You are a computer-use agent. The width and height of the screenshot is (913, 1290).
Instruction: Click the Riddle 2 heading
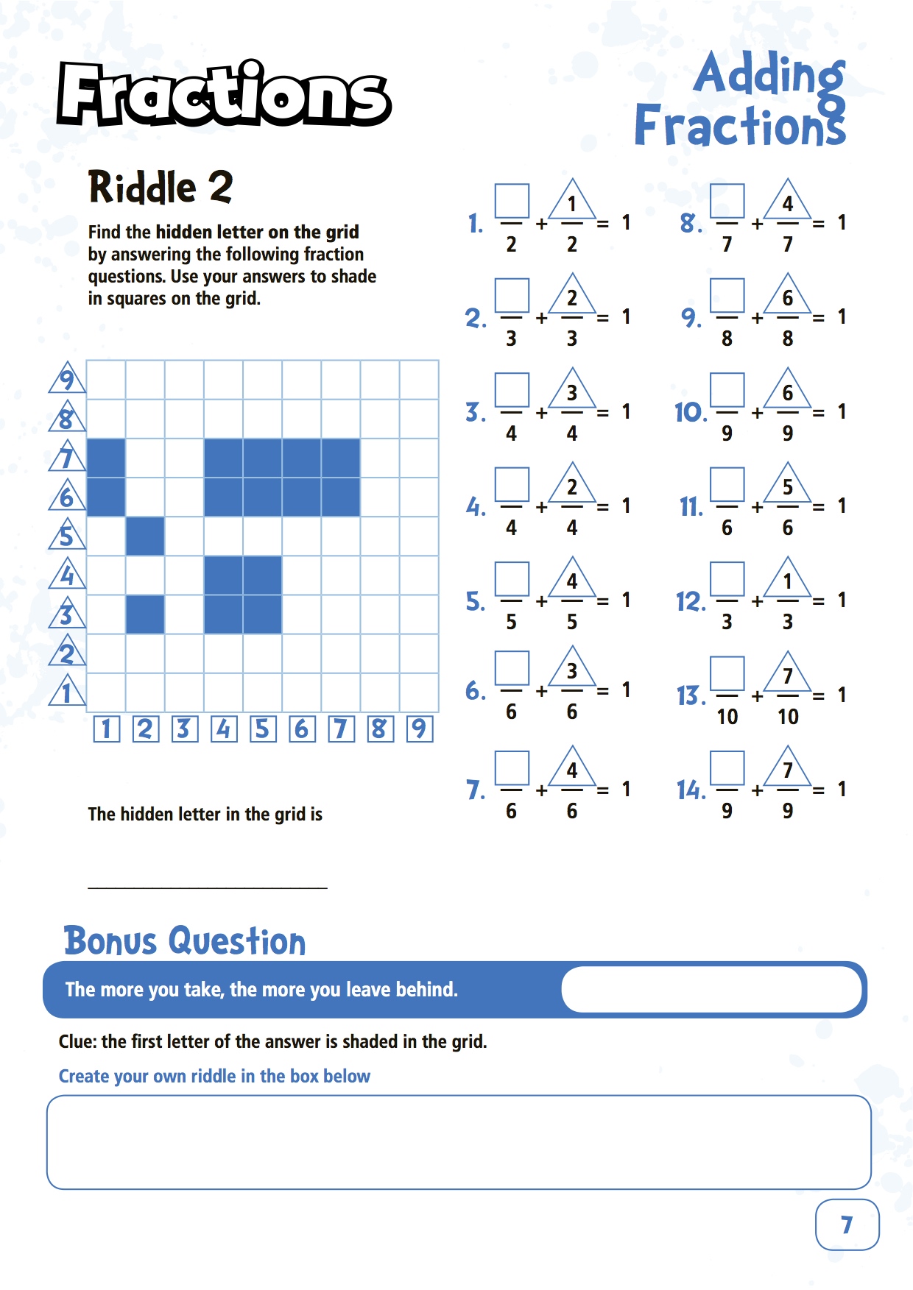161,187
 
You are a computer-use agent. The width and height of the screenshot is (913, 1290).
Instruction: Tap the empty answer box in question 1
512,202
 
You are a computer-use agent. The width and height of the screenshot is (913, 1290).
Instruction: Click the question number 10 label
690,413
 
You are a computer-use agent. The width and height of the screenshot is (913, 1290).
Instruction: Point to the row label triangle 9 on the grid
67,379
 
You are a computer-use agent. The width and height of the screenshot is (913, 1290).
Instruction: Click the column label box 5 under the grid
262,729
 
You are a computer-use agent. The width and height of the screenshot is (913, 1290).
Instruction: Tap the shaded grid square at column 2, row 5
145,536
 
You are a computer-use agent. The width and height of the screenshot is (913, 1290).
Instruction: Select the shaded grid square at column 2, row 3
145,614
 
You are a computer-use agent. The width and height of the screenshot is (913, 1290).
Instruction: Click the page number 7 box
847,1225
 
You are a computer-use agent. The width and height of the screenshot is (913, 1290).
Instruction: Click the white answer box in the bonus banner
711,989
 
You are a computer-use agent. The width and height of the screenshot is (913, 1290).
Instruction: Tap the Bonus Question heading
184,941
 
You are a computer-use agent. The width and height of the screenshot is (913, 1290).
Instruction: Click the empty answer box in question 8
727,202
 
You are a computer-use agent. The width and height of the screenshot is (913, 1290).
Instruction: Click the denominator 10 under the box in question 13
727,717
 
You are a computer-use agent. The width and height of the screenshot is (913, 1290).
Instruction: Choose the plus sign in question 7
541,790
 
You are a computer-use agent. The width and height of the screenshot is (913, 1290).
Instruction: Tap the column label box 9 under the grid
419,729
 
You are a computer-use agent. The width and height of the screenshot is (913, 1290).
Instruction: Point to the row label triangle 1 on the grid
67,692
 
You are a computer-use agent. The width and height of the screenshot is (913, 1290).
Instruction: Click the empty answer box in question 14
727,768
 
